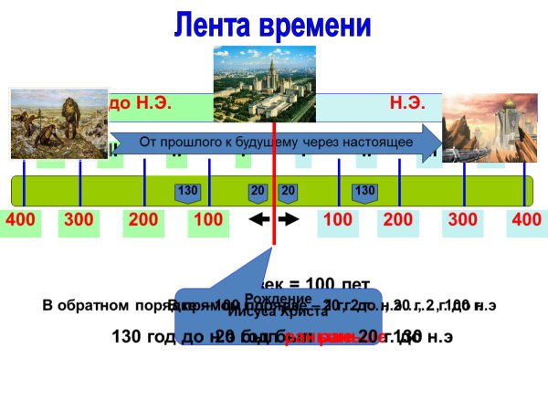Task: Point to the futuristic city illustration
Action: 477,128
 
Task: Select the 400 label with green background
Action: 20,221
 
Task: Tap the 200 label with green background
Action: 143,221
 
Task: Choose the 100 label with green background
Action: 209,221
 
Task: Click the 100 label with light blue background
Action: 338,221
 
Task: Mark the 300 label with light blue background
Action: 463,221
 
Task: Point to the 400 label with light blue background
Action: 527,221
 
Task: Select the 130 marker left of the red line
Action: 188,191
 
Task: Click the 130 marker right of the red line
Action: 364,191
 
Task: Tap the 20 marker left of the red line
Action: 258,191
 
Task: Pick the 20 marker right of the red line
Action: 289,191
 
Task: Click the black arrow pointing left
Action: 259,220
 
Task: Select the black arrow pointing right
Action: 289,220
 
